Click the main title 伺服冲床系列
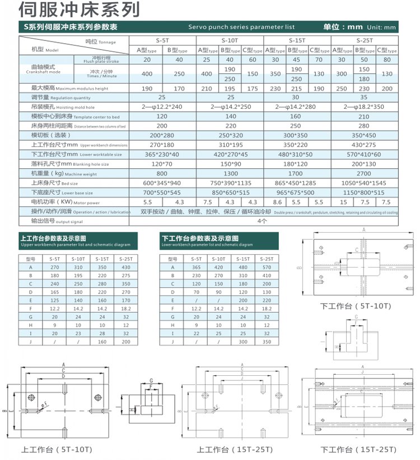click(x=79, y=10)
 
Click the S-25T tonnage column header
click(x=365, y=40)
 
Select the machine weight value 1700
click(x=297, y=174)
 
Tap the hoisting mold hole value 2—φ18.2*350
click(x=365, y=107)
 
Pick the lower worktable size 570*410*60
click(x=365, y=154)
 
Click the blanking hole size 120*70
click(x=162, y=164)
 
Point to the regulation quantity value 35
click(x=365, y=97)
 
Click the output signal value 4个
click(x=263, y=221)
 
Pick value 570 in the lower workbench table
click(x=267, y=268)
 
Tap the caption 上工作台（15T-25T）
click(x=234, y=450)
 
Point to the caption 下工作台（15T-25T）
click(x=358, y=450)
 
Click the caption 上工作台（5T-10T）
click(x=57, y=450)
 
